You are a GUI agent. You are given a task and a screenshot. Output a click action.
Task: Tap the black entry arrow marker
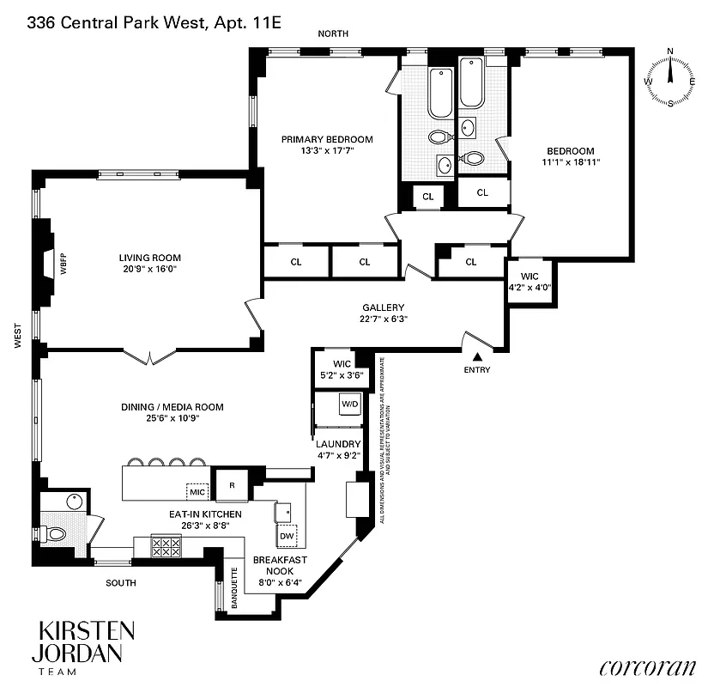tap(478, 355)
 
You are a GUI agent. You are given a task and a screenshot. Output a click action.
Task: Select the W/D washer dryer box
tap(350, 404)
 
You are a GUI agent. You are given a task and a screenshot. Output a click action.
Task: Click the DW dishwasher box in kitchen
tap(287, 536)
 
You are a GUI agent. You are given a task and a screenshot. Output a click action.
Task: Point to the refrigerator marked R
tap(231, 484)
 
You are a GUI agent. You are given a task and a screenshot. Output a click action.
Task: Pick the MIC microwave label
tap(197, 493)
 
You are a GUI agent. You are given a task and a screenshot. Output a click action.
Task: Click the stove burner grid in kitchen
tap(165, 545)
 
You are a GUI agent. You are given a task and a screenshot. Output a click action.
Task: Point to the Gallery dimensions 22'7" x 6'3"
tap(383, 319)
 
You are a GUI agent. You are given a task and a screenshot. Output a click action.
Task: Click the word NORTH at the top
tap(333, 33)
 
